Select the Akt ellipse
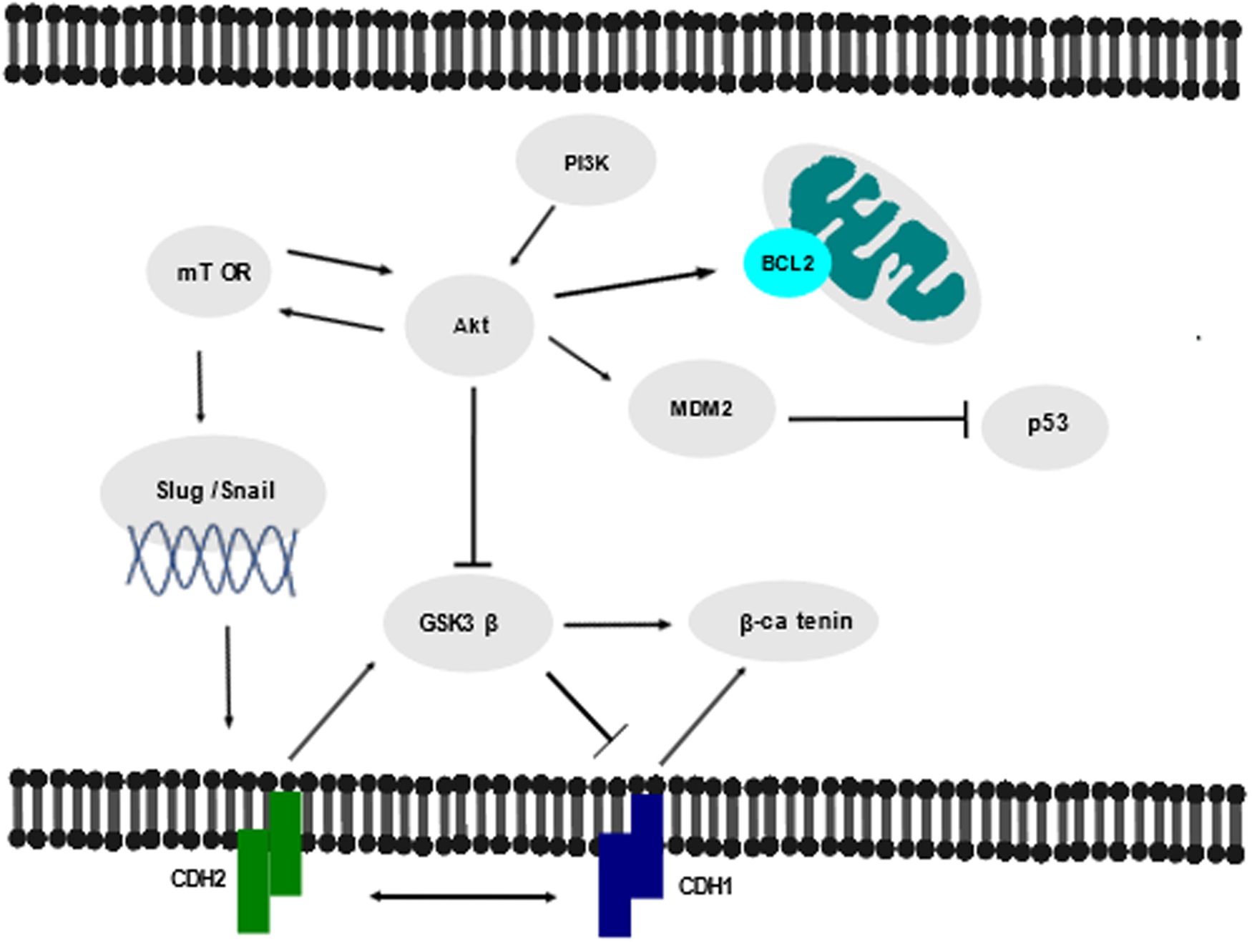tap(469, 326)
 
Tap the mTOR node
tap(210, 272)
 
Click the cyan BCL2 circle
tap(787, 263)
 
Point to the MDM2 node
tap(701, 409)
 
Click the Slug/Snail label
tap(215, 490)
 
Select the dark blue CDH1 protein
tap(630, 866)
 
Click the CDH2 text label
tap(197, 878)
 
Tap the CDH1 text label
tap(705, 887)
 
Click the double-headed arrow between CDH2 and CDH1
tap(463, 896)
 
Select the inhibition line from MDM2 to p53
tap(876, 419)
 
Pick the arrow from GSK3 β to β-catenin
tap(617, 625)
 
